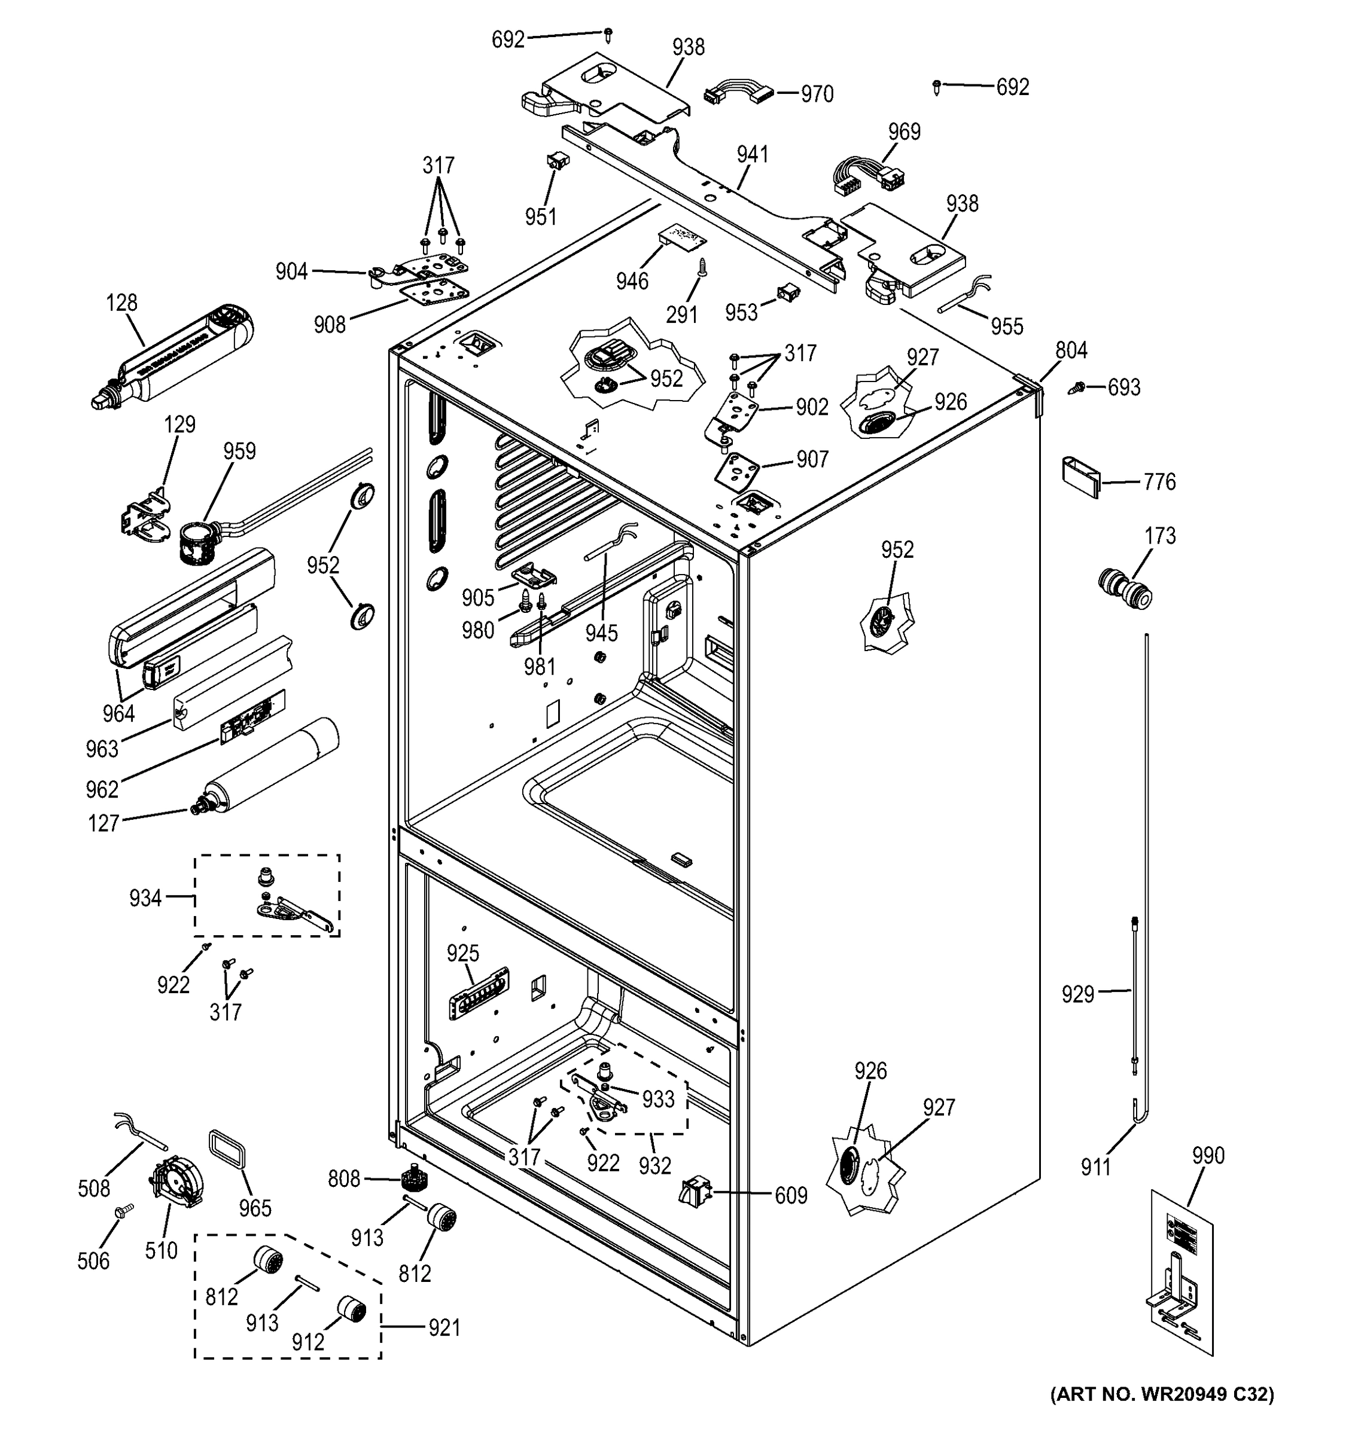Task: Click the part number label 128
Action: click(121, 303)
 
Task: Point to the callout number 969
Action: click(904, 132)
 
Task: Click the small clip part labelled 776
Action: click(1080, 477)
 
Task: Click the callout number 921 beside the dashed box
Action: click(443, 1327)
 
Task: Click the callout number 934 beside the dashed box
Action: click(145, 898)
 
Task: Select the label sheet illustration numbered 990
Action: click(1181, 1271)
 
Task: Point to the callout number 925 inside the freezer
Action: click(463, 954)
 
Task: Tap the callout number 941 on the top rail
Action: click(753, 154)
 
